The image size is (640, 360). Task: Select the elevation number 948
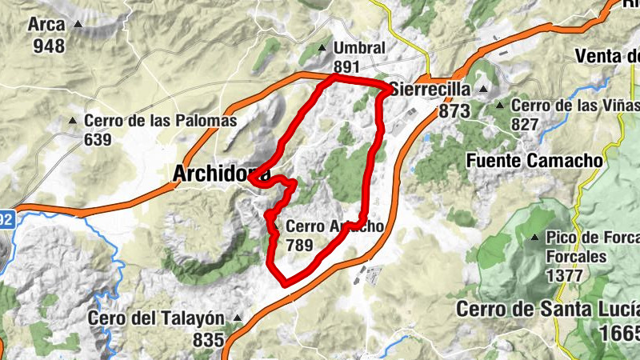[x=49, y=45]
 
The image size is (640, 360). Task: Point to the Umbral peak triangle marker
[x=322, y=47]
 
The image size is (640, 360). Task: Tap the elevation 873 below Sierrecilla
[x=454, y=111]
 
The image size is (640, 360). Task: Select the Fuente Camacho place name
[x=534, y=161]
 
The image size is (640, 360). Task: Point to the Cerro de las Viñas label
[x=574, y=105]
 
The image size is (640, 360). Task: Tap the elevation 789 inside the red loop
[x=299, y=246]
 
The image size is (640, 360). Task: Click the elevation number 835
[x=208, y=340]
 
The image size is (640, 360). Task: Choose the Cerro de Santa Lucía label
[x=549, y=309]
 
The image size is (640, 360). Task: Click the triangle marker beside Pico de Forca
[x=534, y=238]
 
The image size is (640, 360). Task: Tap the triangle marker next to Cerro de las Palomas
[x=73, y=122]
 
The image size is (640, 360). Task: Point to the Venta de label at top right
[x=608, y=57]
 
